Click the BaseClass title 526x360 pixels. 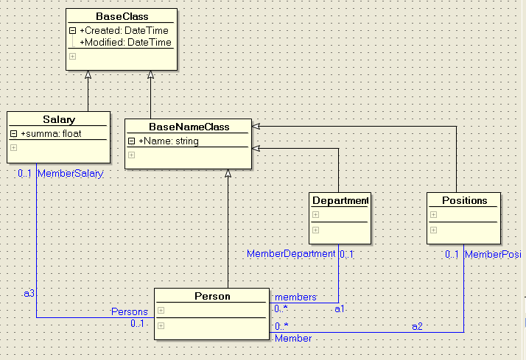122,16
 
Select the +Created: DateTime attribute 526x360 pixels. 124,31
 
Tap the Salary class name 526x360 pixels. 59,119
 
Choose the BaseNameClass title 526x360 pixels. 189,127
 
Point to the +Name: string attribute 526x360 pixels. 168,141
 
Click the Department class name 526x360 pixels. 340,200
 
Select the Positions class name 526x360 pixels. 464,200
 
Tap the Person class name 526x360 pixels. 212,297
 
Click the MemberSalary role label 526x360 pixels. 70,174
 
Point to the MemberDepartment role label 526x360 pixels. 290,254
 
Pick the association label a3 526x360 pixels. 29,293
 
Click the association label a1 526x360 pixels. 340,309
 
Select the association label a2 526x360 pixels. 417,325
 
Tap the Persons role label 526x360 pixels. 129,311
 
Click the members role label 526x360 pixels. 295,297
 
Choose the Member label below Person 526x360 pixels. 293,338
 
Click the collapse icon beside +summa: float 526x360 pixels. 13,134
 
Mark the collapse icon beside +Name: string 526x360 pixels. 131,141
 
